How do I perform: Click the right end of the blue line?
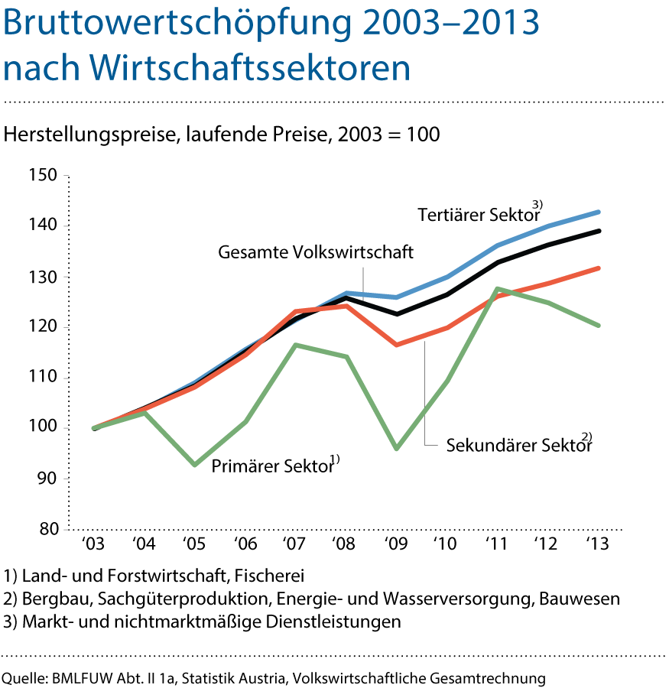pos(599,212)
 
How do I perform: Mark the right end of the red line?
pos(599,268)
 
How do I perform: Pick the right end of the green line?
pos(599,326)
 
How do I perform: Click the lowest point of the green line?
pos(195,465)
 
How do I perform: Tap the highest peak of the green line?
pos(498,288)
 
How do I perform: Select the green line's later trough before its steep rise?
pos(396,449)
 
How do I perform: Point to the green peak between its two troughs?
pos(296,345)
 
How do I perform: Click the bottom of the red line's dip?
pos(396,346)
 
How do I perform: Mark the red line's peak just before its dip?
pos(346,306)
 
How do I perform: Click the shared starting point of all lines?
pos(93,428)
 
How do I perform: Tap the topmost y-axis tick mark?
pos(67,176)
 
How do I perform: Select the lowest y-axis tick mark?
pos(67,529)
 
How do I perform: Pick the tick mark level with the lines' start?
pos(67,428)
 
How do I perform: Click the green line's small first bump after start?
pos(144,413)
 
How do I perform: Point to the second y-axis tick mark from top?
pos(67,226)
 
